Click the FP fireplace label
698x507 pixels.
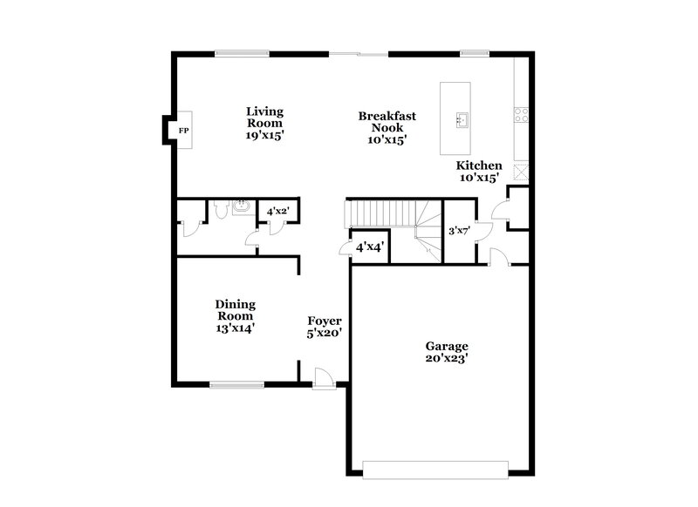tap(183, 131)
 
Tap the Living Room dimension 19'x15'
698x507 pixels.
tap(264, 135)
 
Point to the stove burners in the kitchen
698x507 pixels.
tap(522, 112)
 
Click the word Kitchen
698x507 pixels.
tap(479, 166)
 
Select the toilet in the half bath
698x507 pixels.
tap(222, 210)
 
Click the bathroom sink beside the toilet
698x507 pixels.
tap(241, 207)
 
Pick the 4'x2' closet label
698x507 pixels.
tap(278, 212)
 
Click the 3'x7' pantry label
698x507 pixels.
tap(459, 232)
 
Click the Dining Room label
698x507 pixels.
tap(236, 310)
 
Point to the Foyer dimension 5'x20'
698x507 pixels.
tap(324, 332)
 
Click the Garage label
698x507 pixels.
tap(447, 345)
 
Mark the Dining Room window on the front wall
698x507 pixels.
tap(236, 383)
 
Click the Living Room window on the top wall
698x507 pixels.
tap(243, 54)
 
